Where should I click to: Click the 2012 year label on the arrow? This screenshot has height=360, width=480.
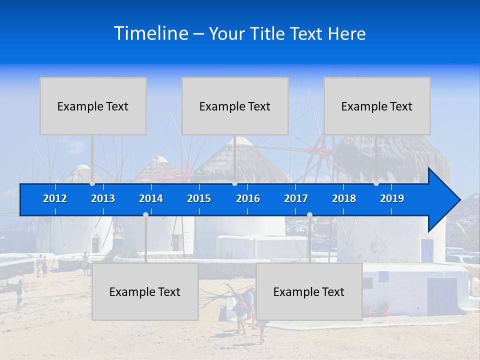tap(55, 198)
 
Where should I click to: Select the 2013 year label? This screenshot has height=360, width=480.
tap(103, 198)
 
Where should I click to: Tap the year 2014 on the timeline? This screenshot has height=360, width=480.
tap(151, 198)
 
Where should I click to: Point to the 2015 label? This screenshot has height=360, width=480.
tap(199, 198)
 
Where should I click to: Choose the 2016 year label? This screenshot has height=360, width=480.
tap(248, 198)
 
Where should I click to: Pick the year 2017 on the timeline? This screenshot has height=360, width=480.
tap(296, 198)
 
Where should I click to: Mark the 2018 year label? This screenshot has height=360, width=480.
tap(344, 198)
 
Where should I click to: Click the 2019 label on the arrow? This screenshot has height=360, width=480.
tap(392, 198)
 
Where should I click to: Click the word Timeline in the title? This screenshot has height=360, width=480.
tap(150, 33)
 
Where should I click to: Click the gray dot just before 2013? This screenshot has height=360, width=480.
tap(92, 183)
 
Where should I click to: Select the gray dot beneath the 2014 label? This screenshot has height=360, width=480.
tap(145, 214)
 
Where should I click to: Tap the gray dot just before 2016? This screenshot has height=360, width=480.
tap(234, 183)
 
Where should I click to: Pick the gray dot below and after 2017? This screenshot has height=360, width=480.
tap(309, 214)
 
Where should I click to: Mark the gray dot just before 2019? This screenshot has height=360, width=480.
tap(376, 183)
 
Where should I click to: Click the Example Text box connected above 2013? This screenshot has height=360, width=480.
tap(93, 106)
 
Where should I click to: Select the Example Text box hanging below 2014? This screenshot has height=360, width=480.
tap(145, 291)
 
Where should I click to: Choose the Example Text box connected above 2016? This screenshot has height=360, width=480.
tap(235, 106)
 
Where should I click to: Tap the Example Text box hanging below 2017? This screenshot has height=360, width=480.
tap(309, 291)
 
